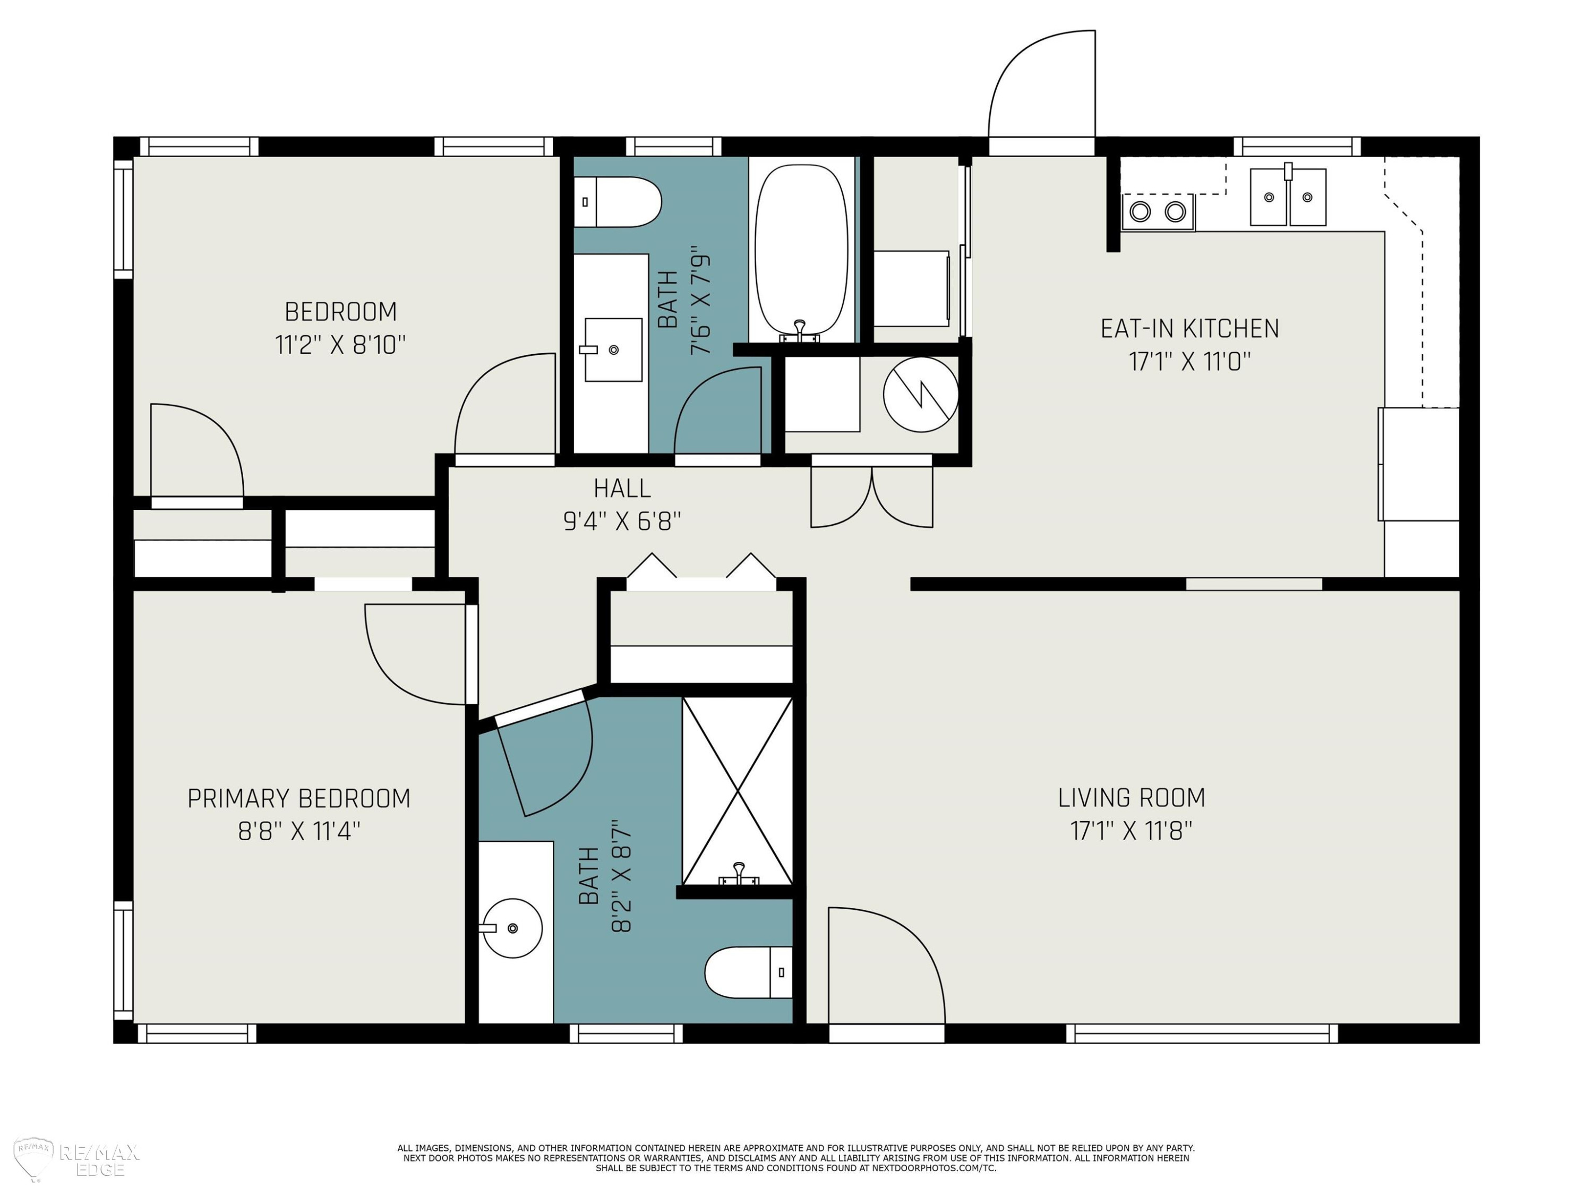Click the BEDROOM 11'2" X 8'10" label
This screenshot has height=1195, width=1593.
pyautogui.click(x=341, y=328)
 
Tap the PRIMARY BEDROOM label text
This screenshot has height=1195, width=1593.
pyautogui.click(x=299, y=798)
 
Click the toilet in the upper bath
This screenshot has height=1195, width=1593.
pyautogui.click(x=617, y=202)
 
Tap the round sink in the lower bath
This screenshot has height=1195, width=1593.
pyautogui.click(x=512, y=928)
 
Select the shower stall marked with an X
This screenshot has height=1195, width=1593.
pyautogui.click(x=738, y=790)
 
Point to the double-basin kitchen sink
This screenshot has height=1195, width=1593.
pyautogui.click(x=1288, y=196)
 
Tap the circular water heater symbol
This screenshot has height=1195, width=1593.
pyautogui.click(x=920, y=395)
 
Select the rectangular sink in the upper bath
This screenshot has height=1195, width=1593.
pyautogui.click(x=613, y=349)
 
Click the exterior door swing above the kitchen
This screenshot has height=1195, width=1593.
pyautogui.click(x=1042, y=85)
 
